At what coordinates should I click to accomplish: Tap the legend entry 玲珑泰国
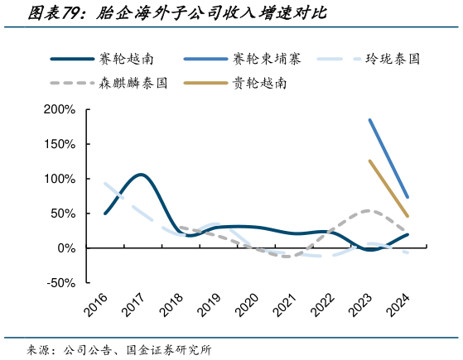(x=396, y=60)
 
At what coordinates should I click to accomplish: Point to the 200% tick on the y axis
(x=59, y=109)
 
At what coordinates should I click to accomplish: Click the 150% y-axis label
(x=59, y=144)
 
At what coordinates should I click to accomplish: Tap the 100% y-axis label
(x=59, y=179)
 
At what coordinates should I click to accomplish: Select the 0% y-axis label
(x=65, y=248)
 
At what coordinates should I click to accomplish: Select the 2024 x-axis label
(x=395, y=305)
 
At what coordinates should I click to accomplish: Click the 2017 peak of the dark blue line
(x=140, y=175)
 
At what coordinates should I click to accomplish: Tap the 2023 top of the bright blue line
(x=369, y=120)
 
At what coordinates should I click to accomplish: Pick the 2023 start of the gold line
(x=369, y=161)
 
